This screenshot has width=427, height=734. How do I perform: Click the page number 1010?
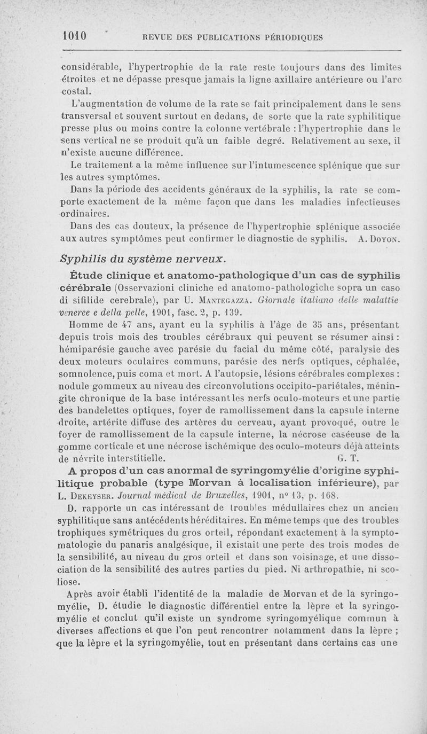coord(74,36)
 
